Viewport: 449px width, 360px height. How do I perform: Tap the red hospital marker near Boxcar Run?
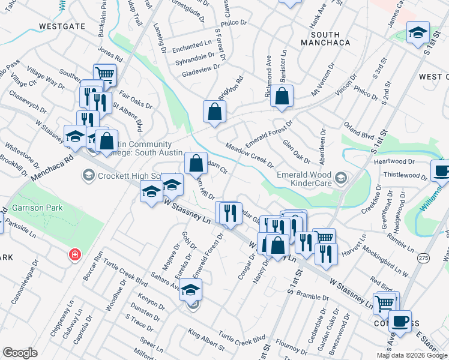coord(74,254)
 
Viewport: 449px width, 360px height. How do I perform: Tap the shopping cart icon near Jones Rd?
coord(105,74)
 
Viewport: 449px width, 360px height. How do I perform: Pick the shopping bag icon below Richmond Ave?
coord(281,95)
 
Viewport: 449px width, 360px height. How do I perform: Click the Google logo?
coord(20,353)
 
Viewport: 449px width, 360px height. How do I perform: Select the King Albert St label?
coord(206,339)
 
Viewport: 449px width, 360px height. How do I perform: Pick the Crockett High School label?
coord(129,176)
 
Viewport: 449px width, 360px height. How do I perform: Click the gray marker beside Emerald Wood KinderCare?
coord(342,176)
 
